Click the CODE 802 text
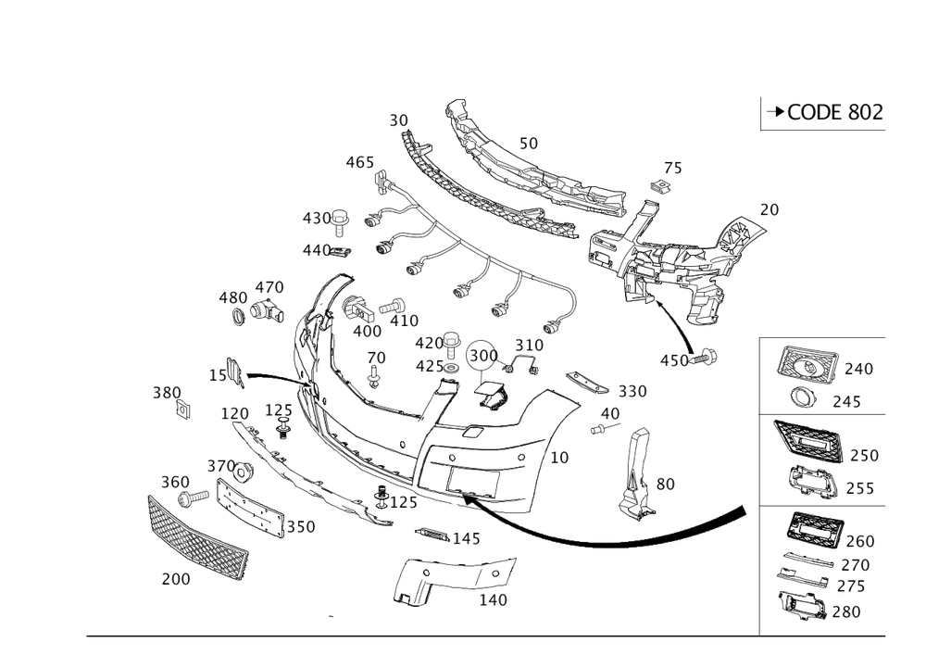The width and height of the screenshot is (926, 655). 823,113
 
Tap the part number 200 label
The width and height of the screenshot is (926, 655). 176,579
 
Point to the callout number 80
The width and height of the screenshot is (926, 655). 665,484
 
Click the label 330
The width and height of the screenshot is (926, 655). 632,391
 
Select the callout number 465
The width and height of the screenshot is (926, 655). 359,163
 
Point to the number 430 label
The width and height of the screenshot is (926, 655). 317,219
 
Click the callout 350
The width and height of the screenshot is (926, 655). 301,525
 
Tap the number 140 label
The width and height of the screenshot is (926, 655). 493,598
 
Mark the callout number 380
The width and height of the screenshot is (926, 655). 167,394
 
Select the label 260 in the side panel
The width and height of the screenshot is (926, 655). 860,541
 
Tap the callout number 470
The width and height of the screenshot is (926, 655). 269,286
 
